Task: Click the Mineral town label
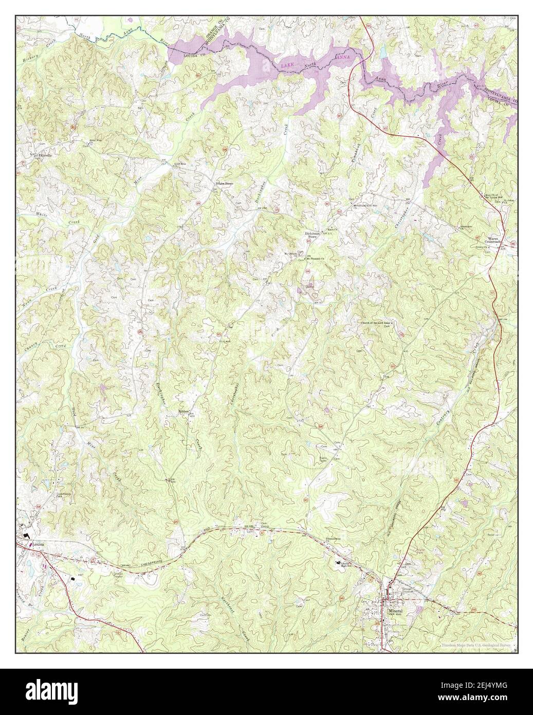[394, 611]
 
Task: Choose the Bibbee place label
[184, 412]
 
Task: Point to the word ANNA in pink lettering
[343, 58]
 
